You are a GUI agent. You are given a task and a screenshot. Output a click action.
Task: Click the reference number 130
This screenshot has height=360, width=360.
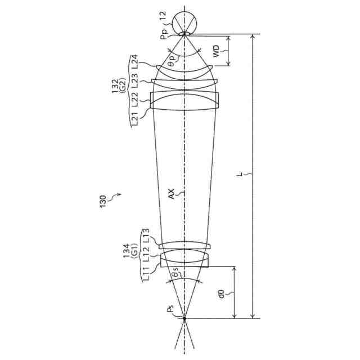coord(103,201)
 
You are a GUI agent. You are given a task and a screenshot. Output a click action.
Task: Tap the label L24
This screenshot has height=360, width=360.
coord(134,61)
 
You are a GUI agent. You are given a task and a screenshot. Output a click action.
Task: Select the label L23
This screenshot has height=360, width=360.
coord(134,80)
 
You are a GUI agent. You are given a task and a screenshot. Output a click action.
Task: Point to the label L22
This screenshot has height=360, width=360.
coord(134,100)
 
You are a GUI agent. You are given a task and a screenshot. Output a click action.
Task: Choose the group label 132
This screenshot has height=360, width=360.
coord(115,86)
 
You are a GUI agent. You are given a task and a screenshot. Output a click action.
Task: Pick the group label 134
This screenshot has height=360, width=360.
coord(127,251)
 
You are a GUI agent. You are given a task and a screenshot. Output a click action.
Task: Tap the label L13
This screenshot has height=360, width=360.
coord(146,236)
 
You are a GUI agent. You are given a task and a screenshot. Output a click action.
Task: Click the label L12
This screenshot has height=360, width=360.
coord(146,254)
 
